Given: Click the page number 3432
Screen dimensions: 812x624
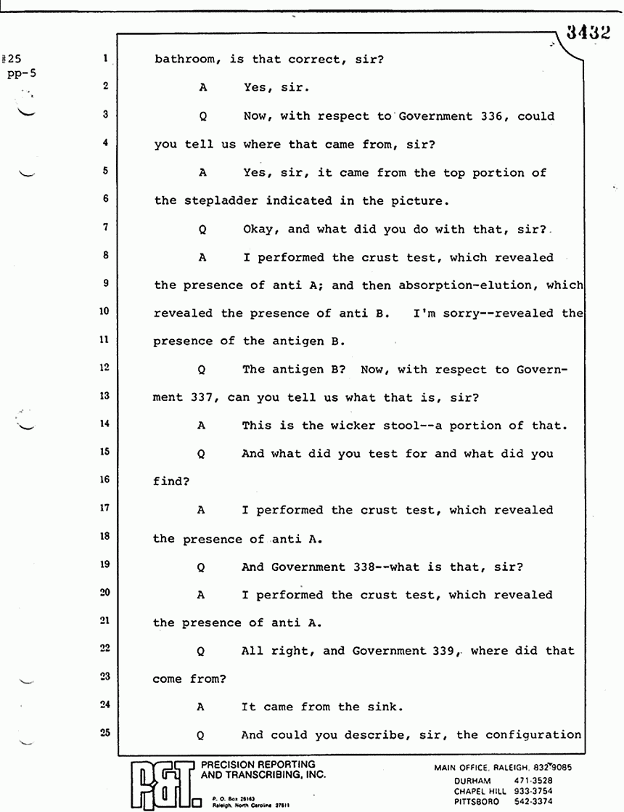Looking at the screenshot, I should coord(586,34).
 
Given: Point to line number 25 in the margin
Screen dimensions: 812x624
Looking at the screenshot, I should coord(105,733).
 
